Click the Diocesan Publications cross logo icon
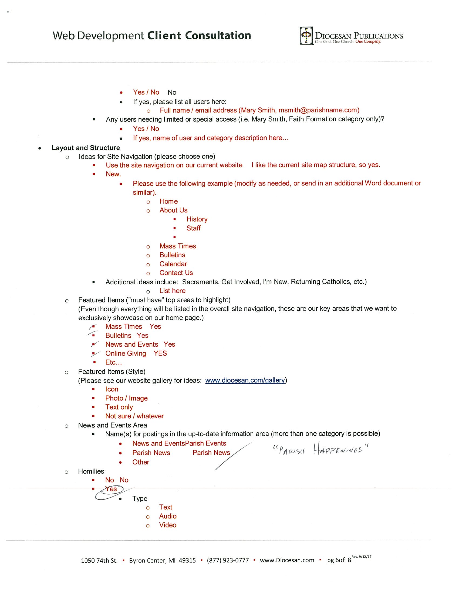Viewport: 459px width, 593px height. [306, 36]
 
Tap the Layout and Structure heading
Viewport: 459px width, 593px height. [86, 148]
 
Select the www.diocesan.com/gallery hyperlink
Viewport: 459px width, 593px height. [245, 380]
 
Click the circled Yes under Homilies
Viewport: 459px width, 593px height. [111, 489]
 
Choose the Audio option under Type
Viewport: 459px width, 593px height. [168, 516]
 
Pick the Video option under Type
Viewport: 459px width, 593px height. [167, 525]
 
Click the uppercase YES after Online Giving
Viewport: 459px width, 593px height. [160, 353]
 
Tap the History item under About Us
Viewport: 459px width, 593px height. [197, 219]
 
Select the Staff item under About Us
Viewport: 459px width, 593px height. [193, 228]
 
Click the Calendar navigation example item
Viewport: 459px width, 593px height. [173, 264]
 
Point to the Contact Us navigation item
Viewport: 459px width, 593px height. [176, 273]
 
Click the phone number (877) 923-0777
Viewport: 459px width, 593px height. [228, 560]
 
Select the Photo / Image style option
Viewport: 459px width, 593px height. [126, 398]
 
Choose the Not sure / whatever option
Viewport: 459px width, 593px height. [134, 416]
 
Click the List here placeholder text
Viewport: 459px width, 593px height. [172, 291]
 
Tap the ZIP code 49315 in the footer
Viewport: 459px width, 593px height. [187, 560]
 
